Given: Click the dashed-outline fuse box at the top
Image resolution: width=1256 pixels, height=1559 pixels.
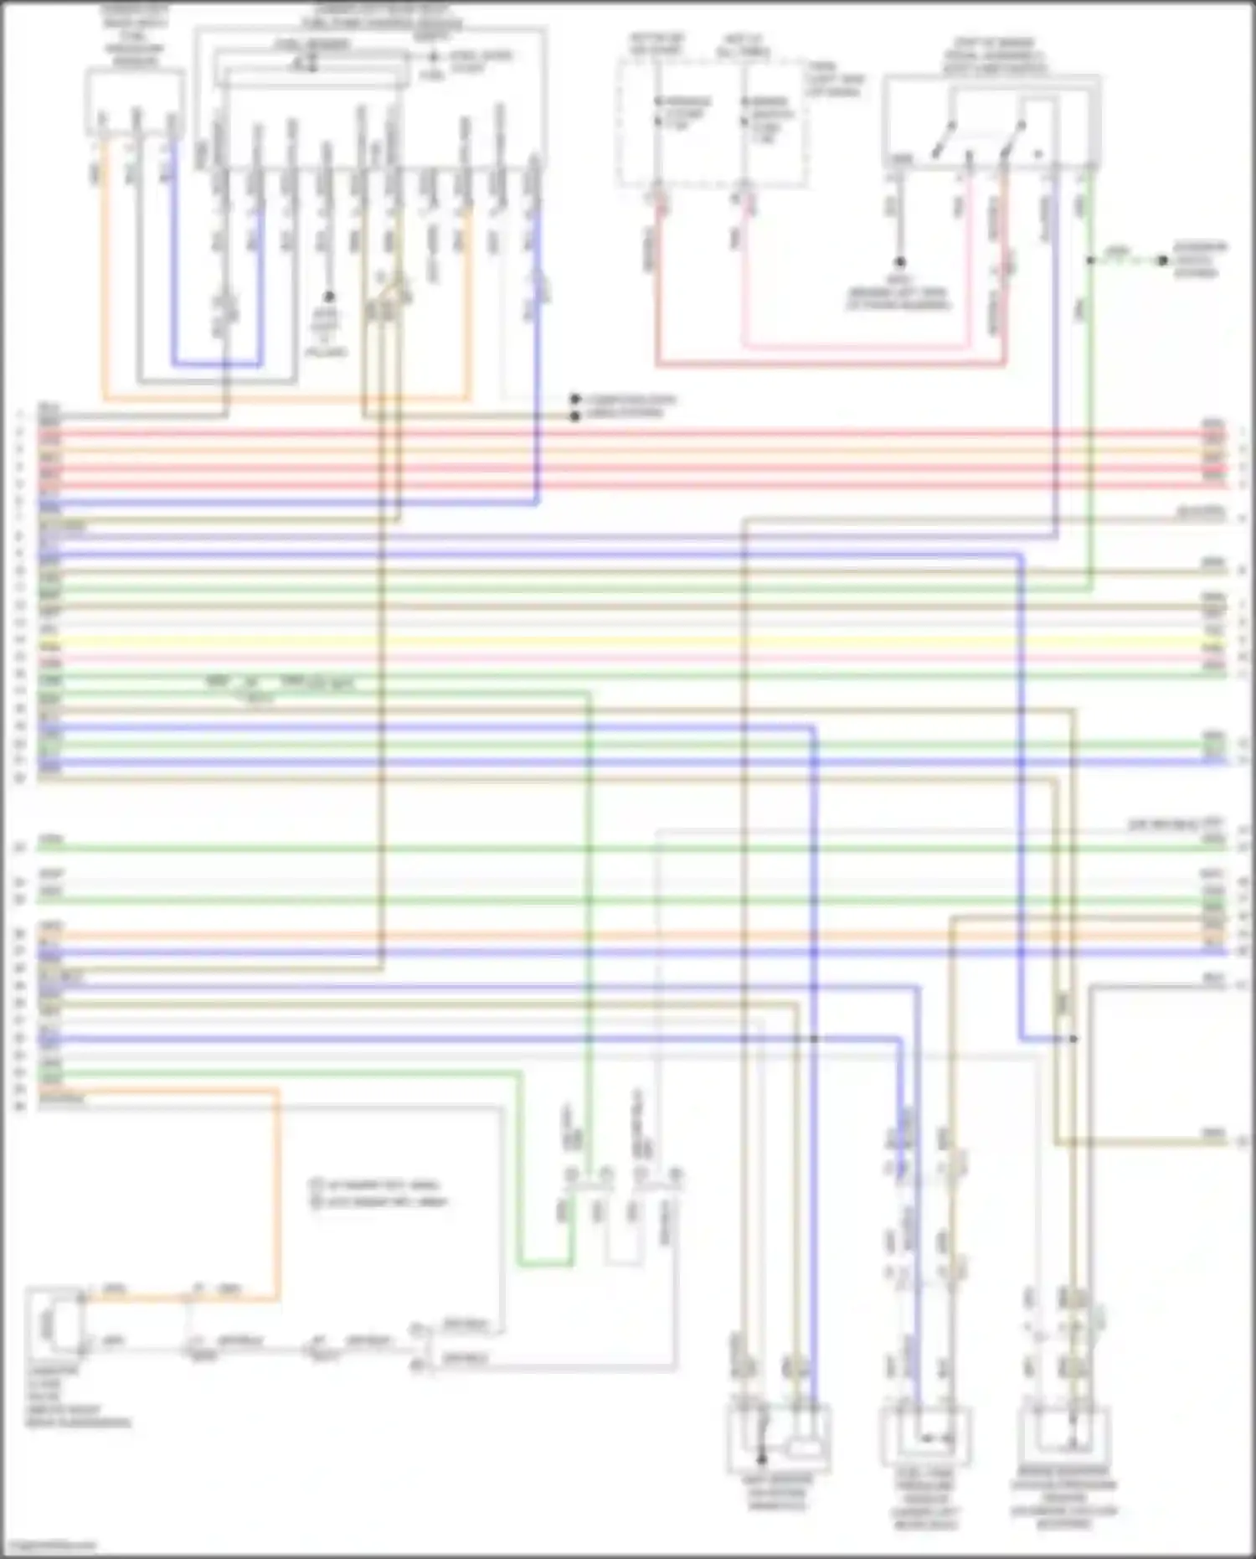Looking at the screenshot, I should tap(713, 122).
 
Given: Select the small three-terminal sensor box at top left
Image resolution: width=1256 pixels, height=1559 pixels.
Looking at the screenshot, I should tap(135, 102).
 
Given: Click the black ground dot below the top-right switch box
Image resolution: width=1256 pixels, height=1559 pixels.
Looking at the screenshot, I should tap(899, 262).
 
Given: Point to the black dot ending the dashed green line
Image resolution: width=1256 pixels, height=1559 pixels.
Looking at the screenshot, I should tap(1162, 261).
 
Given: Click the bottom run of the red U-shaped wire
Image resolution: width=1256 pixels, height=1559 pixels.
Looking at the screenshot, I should tap(829, 364).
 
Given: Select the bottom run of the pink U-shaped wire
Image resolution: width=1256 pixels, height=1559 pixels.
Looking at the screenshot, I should tap(854, 345).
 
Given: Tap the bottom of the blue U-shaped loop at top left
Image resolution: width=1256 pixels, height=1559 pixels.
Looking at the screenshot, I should tap(217, 364).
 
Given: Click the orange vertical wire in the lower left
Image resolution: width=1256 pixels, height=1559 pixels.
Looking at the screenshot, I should tap(277, 1190).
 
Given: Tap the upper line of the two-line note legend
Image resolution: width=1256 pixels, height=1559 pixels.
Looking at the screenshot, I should tap(377, 1185).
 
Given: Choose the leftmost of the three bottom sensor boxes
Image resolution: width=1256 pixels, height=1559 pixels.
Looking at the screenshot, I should tap(779, 1438).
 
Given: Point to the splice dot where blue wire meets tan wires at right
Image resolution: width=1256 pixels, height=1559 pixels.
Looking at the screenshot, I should tap(1073, 1039).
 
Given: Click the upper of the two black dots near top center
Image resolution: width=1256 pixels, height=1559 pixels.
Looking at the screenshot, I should tap(575, 400).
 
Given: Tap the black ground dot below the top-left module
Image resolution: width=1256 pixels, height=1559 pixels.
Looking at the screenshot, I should tap(329, 297).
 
